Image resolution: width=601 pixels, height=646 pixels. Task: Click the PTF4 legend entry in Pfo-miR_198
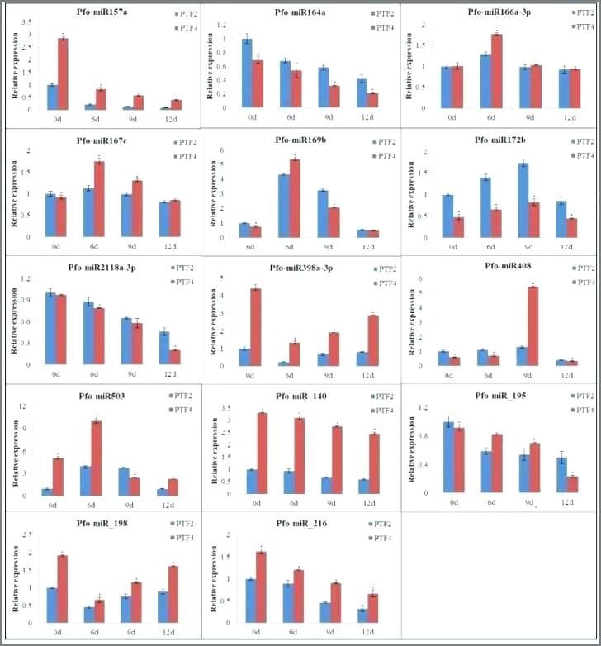186,539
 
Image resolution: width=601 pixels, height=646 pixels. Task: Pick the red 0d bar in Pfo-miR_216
262,584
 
